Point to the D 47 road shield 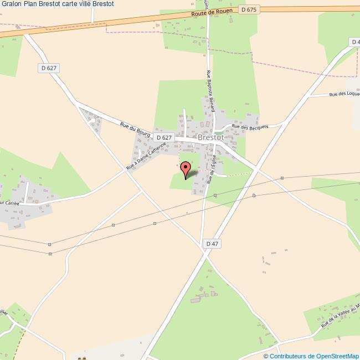(212, 244)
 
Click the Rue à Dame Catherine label (146, 156)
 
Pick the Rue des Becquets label (250, 127)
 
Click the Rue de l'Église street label (213, 169)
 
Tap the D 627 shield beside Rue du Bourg (164, 137)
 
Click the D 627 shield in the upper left (49, 68)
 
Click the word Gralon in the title (13, 4)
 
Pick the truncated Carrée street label (10, 204)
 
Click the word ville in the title (91, 4)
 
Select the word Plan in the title (33, 4)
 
